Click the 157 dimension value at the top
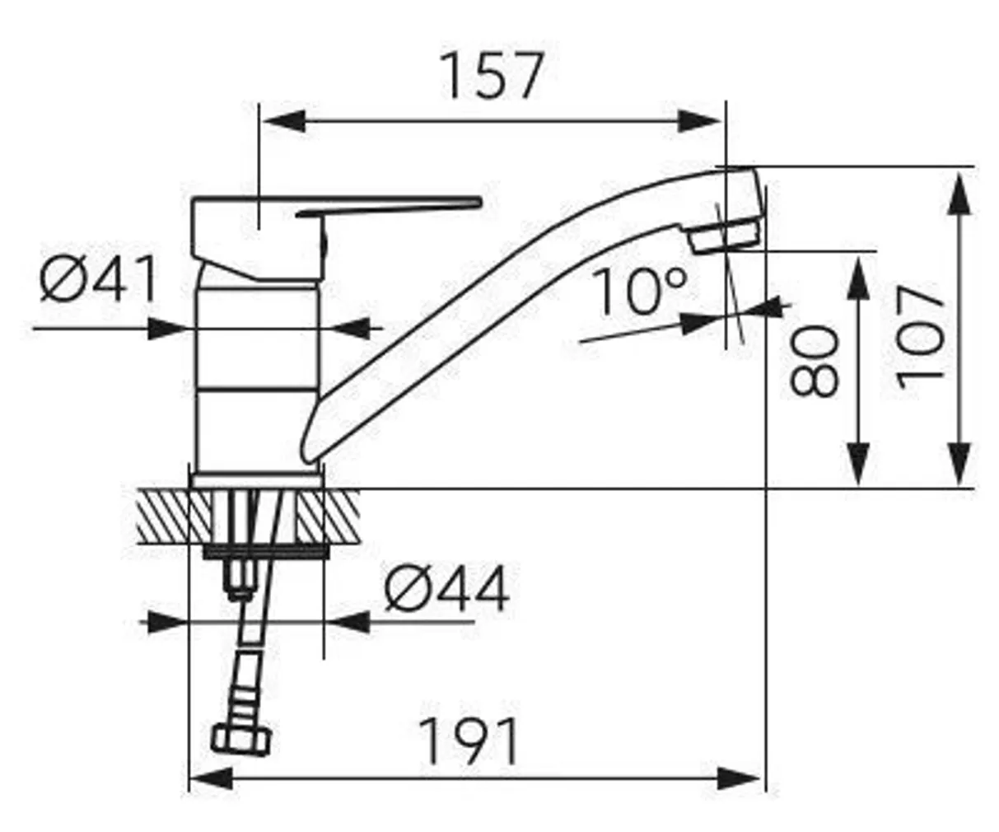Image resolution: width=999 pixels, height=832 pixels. point(492,76)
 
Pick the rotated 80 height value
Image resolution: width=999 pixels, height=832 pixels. point(815,360)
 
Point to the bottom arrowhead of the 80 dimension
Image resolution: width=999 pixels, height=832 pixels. point(858,465)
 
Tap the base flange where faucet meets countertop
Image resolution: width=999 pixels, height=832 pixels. point(255,481)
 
